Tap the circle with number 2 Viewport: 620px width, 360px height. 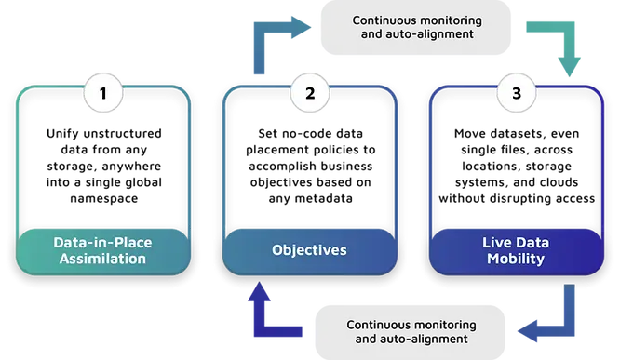click(309, 93)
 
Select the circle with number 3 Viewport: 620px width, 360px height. click(516, 93)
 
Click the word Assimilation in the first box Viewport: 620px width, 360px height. click(102, 259)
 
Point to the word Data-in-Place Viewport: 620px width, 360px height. click(102, 242)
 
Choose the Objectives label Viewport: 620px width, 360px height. click(309, 250)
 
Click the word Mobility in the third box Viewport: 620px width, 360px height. click(516, 259)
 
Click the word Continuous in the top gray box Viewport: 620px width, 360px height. click(384, 19)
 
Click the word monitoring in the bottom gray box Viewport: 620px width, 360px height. click(442, 325)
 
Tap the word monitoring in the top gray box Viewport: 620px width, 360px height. click(449, 19)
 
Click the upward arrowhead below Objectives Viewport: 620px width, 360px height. click(263, 291)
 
